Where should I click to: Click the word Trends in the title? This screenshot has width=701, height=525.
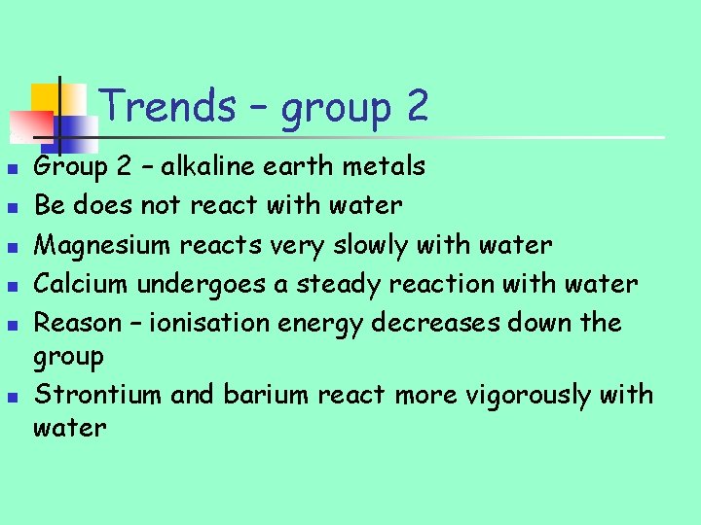click(166, 105)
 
